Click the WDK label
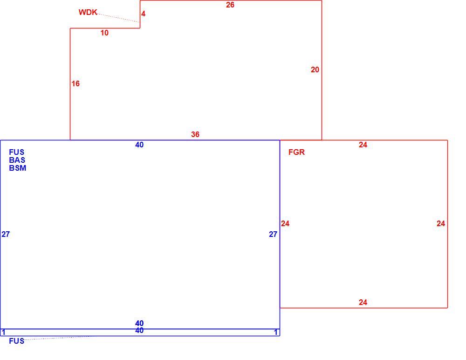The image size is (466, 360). [88, 12]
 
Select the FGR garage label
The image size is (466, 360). [296, 152]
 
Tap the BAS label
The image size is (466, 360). [17, 160]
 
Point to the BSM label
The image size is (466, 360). [18, 168]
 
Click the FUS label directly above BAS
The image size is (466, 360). [17, 152]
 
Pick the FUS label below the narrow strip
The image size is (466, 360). [17, 341]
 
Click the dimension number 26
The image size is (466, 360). [230, 5]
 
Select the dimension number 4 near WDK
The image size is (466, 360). [143, 14]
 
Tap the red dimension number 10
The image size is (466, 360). [104, 33]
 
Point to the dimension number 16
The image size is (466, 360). [75, 83]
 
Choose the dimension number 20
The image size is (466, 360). [315, 69]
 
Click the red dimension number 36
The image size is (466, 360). [195, 134]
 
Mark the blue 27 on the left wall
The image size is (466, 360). [6, 235]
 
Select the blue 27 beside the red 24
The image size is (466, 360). [273, 235]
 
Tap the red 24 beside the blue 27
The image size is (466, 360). [285, 223]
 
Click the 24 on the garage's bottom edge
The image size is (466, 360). [363, 302]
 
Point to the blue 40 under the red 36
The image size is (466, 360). [139, 145]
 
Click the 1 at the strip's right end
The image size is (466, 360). [276, 332]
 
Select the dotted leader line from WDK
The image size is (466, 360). [118, 18]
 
